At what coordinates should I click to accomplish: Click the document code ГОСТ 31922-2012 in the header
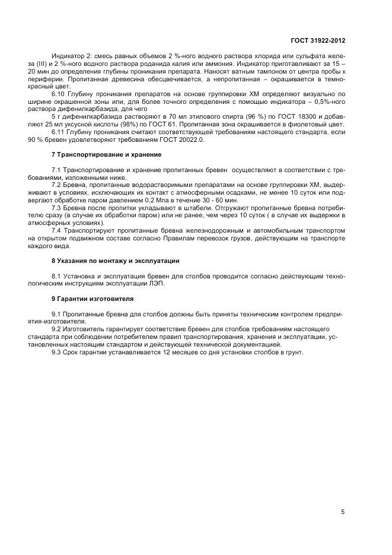tap(318, 40)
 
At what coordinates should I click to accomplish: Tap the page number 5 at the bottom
tap(343, 512)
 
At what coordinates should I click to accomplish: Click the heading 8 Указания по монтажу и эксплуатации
tap(116, 261)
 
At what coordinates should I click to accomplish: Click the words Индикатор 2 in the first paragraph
tap(70, 55)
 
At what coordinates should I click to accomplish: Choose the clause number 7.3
tap(58, 208)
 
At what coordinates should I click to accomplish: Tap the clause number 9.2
tap(58, 329)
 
